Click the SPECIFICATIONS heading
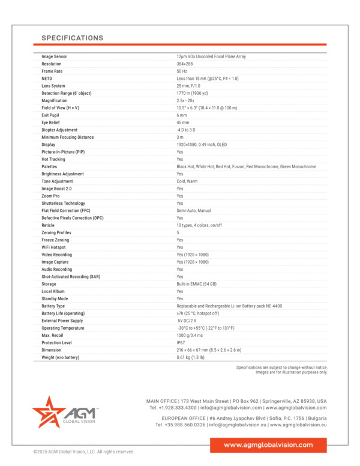72,38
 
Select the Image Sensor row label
54,56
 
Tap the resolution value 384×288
185,64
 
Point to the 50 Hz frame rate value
182,71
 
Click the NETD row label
47,79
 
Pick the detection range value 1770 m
193,93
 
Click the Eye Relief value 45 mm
182,123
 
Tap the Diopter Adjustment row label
59,130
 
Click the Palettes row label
50,166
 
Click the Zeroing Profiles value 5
178,232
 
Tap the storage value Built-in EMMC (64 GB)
196,284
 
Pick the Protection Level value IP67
181,342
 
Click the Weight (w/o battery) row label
60,357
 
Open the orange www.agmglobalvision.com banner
268,445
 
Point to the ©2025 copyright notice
83,452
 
